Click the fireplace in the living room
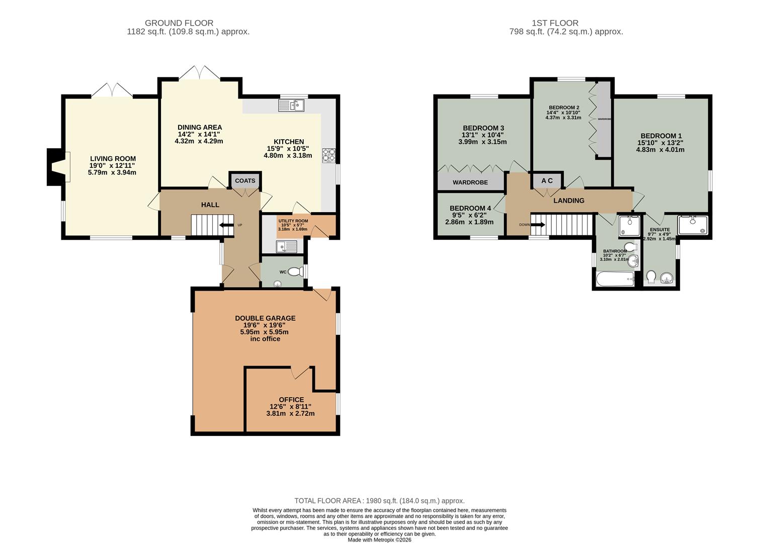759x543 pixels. [x=58, y=167]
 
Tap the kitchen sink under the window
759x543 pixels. [x=291, y=106]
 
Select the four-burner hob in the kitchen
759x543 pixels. [x=328, y=156]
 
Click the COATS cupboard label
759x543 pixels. [x=245, y=180]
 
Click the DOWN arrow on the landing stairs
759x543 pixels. [x=538, y=224]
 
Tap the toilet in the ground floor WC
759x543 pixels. [x=295, y=271]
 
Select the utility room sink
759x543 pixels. [x=286, y=246]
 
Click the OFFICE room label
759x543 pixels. [x=291, y=400]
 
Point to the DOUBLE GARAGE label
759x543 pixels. [x=265, y=318]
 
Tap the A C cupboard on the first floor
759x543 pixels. [x=547, y=180]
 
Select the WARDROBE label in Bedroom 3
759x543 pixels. [x=470, y=182]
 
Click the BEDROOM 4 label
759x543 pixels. [x=470, y=208]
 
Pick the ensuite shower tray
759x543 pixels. [x=693, y=225]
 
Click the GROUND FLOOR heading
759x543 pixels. [x=179, y=23]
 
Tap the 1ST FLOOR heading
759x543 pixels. [x=555, y=23]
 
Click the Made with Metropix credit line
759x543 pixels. [x=379, y=540]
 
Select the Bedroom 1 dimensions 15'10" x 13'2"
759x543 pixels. [x=660, y=143]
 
